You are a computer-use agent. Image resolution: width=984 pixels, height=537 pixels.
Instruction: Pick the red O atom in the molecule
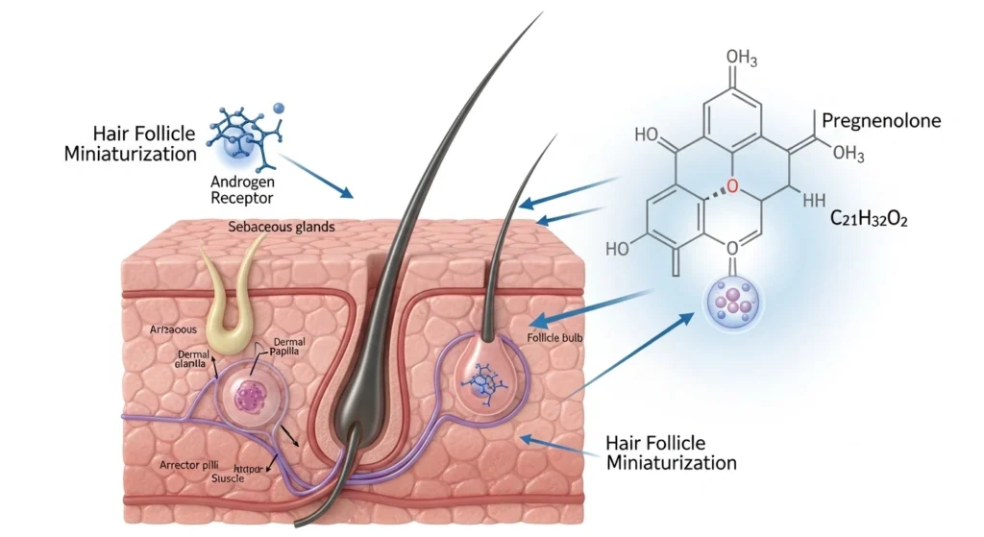pyautogui.click(x=732, y=185)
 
